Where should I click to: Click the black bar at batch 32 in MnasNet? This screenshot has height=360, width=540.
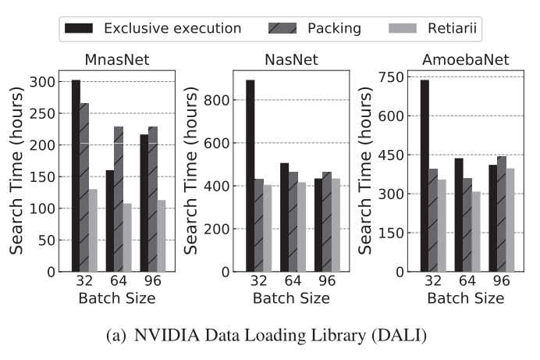(76, 176)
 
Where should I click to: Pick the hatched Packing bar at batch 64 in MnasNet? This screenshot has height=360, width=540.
(118, 199)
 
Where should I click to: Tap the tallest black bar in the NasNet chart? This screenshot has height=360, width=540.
(250, 176)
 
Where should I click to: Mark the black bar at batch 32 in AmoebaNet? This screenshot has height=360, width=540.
(425, 176)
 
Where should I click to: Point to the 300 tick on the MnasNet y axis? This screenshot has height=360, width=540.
(49, 82)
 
